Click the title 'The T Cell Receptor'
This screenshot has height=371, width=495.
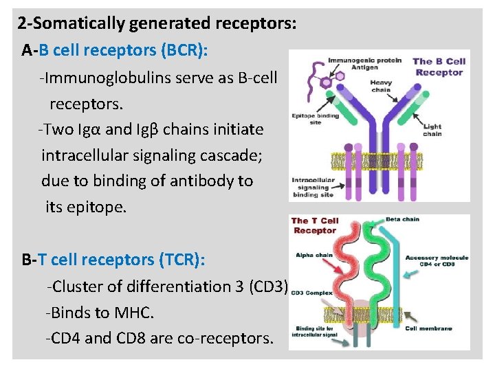315,226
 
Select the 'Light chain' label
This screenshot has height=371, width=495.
432,131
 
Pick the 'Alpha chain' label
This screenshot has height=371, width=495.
313,255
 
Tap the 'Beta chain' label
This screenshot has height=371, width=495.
402,220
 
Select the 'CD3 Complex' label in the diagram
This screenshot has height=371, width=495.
307,293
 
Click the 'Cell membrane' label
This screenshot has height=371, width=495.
428,328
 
